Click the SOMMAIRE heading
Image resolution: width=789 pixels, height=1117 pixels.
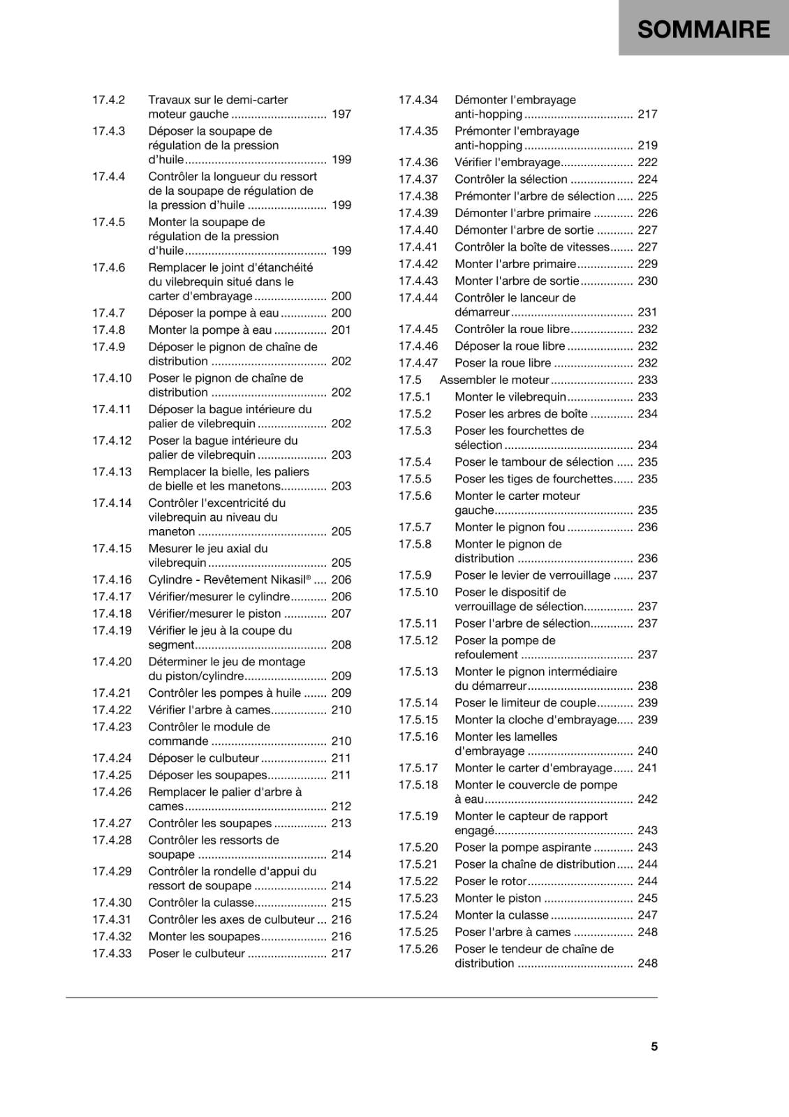[x=703, y=29]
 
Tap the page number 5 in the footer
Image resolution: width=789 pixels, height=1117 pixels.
[x=654, y=1046]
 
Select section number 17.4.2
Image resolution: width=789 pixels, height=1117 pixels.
[x=108, y=100]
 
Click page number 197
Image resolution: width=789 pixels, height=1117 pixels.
[x=341, y=114]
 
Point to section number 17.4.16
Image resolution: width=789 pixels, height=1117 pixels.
[x=112, y=579]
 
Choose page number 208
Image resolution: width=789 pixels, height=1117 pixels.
[x=341, y=645]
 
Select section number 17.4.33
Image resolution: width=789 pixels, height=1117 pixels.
[x=112, y=954]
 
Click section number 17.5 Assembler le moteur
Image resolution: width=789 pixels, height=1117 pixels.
[x=410, y=380]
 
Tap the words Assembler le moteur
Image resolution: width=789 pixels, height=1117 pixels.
[x=494, y=380]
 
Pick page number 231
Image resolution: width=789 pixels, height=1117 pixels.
[x=647, y=312]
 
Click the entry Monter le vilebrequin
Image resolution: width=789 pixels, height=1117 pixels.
[x=510, y=397]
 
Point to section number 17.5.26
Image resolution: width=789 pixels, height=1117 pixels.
[x=418, y=949]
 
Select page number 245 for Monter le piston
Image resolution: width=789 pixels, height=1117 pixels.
[x=647, y=898]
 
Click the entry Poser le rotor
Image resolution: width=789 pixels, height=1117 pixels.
[x=490, y=881]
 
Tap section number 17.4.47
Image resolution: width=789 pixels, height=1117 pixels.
[x=418, y=363]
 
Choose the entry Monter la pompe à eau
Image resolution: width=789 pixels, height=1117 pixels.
[x=210, y=330]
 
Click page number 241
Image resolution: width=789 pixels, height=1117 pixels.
[x=647, y=768]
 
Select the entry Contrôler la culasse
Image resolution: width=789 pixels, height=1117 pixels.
[x=201, y=903]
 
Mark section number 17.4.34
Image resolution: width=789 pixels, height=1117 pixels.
[x=418, y=100]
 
